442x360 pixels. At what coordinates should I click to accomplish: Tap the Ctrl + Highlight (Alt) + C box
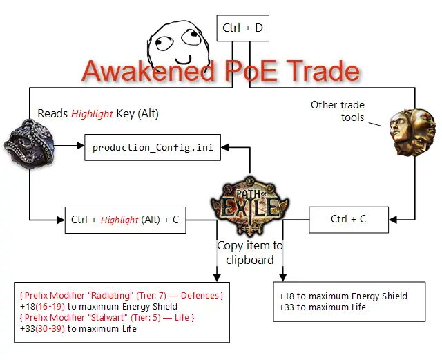coord(124,220)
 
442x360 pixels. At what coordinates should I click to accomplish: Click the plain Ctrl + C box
coord(348,219)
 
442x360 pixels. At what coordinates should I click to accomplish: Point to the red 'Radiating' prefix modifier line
coord(121,295)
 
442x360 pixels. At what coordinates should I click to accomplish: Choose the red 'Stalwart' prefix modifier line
coord(107,317)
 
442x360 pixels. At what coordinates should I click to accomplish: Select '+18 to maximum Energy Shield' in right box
coord(343,296)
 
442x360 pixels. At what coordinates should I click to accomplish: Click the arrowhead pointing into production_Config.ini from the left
coord(79,146)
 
